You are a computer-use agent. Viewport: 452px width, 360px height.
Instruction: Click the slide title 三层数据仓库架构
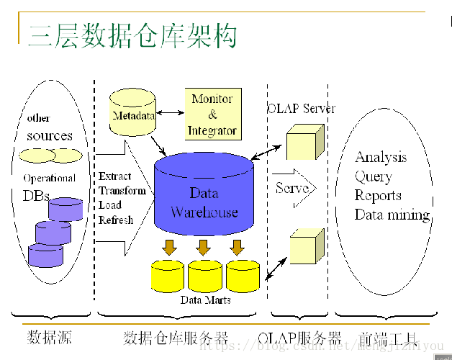coord(132,35)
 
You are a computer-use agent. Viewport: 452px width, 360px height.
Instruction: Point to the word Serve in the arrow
coord(291,188)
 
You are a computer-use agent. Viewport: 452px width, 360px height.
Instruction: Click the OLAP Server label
coord(301,109)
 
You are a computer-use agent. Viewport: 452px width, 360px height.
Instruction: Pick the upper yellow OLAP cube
coord(301,142)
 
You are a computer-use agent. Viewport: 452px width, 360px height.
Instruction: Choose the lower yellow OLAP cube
coord(305,248)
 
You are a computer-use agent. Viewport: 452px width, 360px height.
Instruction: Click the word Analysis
coord(381,158)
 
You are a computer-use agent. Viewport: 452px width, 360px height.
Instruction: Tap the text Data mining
coord(392,215)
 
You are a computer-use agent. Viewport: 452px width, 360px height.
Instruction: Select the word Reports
coord(378,196)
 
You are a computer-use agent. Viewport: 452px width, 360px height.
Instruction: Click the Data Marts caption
coord(205,300)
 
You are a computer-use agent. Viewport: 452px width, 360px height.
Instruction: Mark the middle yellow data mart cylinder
coord(204,276)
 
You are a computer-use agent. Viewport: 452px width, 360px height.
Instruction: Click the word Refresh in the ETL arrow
coord(116,220)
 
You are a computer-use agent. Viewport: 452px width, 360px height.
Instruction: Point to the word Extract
coord(115,176)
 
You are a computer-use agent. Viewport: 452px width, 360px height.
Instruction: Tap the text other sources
coord(49,127)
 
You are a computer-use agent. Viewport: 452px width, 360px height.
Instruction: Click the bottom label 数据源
coord(50,337)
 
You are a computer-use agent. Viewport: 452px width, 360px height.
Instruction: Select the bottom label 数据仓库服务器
coord(176,337)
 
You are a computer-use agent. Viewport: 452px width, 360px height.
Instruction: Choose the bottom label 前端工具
coord(387,337)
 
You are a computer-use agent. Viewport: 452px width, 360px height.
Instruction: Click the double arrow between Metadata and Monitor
coord(171,112)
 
